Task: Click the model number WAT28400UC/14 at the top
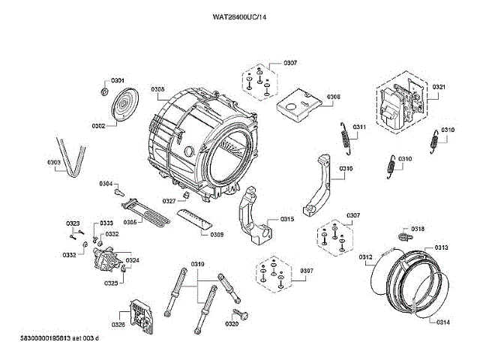pos(239,17)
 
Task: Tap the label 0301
pos(118,80)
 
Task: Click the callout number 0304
pos(106,184)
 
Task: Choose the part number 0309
pos(217,235)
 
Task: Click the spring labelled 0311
pos(346,139)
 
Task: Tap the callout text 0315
pos(286,219)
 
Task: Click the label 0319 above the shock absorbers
pos(198,264)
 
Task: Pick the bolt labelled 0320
pos(241,314)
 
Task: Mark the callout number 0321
pos(439,87)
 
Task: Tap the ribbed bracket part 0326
pos(141,316)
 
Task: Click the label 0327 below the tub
pos(169,201)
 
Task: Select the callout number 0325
pos(111,283)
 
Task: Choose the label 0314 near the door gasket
pos(442,322)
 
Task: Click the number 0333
pos(106,223)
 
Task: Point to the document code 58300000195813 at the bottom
pos(46,338)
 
